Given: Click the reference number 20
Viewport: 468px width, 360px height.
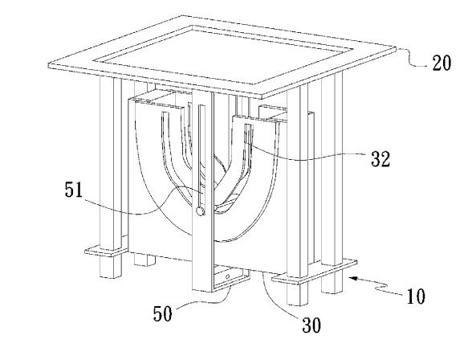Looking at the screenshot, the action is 442,63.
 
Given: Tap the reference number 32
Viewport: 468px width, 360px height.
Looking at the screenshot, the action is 381,158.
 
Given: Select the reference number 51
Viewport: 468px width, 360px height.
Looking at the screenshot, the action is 74,189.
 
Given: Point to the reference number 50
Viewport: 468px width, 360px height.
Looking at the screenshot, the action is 163,313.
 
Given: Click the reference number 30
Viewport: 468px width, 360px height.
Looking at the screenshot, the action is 312,325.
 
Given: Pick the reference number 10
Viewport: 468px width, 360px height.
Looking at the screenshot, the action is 416,297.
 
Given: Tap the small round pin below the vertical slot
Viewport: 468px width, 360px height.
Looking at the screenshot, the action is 200,211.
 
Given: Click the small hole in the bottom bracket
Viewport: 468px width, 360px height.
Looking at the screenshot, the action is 228,276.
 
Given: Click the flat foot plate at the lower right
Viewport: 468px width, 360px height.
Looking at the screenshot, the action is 315,272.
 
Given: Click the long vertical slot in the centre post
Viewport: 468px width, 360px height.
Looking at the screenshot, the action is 201,155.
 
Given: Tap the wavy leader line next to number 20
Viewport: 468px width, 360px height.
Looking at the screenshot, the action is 414,58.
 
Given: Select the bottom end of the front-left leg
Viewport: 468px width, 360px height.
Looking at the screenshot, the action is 111,276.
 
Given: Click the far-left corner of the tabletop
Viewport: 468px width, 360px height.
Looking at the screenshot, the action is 49,65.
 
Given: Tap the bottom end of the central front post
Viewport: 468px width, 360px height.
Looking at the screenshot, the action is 202,290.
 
